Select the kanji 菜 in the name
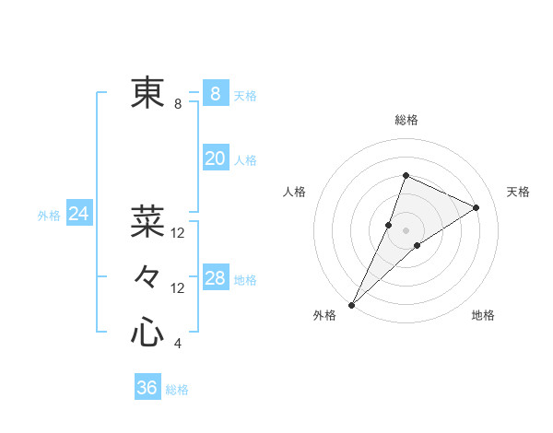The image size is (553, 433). (x=147, y=221)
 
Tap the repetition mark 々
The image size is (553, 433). (x=147, y=276)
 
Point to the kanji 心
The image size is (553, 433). (x=147, y=332)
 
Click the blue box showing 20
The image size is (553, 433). (x=215, y=158)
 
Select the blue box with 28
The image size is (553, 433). (x=215, y=278)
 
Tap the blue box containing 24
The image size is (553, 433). (x=78, y=215)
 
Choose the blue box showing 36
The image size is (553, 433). (x=147, y=388)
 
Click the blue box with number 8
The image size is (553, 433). (x=215, y=94)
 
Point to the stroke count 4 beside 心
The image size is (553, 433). (x=178, y=344)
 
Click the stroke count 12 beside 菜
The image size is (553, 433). (x=178, y=233)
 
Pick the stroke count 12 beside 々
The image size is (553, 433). (x=178, y=288)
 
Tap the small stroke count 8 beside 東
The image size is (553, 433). (x=178, y=104)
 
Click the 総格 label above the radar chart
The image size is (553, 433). (x=406, y=121)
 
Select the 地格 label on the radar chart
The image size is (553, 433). (x=483, y=316)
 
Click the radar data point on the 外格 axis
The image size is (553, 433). (x=352, y=304)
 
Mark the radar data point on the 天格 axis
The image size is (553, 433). (x=477, y=207)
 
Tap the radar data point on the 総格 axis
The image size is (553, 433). (x=406, y=176)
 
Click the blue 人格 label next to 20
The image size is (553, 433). (x=245, y=160)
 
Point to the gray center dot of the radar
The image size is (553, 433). (x=406, y=230)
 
